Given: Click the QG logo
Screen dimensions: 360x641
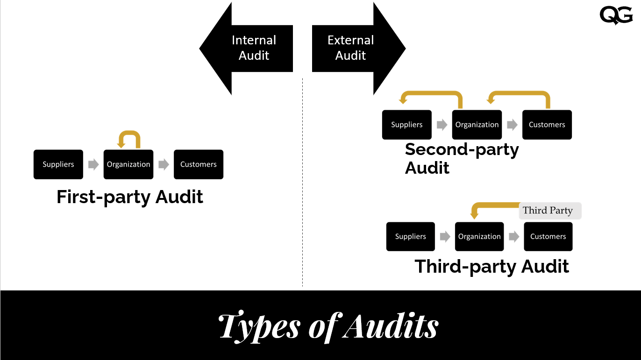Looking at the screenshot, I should (616, 15).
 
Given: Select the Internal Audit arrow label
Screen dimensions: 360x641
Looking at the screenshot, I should (254, 48).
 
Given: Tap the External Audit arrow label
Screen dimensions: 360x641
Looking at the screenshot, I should (350, 48).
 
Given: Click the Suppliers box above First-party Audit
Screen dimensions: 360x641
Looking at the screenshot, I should (58, 164).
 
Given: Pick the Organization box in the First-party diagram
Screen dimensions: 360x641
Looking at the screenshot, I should (128, 164).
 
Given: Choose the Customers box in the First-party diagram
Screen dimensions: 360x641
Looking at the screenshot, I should (199, 164).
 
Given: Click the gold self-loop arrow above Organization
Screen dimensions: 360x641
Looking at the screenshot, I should (129, 136).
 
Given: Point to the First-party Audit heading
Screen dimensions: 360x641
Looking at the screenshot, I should (130, 197).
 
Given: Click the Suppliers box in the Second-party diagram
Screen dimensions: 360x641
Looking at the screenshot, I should (407, 125).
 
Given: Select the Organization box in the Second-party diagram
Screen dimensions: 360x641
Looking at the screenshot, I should (477, 125).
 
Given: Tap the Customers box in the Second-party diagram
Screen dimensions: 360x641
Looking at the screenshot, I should (547, 125).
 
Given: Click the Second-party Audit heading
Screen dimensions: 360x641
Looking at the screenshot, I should (462, 158).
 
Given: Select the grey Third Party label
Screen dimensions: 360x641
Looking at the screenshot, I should (550, 211).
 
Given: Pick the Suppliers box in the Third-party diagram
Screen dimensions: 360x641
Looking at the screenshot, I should (411, 236).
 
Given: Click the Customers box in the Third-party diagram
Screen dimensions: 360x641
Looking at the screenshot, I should (548, 236).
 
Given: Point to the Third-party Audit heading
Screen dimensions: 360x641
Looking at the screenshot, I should (492, 267).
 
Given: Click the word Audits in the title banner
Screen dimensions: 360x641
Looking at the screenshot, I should (391, 325).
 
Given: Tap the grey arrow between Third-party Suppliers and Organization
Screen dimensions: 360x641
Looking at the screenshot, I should (445, 236).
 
